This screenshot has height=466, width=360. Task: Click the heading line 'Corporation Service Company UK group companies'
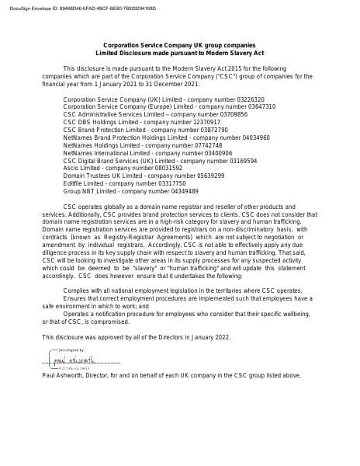click(x=179, y=46)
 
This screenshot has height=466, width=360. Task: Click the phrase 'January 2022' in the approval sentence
click(x=211, y=336)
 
